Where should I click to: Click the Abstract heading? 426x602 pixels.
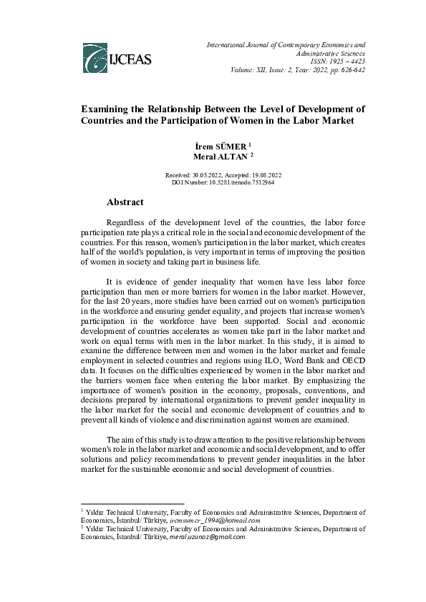[x=125, y=202]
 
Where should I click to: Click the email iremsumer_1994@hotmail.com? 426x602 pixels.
[x=214, y=520]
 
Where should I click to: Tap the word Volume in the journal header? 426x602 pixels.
[x=246, y=70]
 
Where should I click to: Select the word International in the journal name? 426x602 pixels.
[x=228, y=44]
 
